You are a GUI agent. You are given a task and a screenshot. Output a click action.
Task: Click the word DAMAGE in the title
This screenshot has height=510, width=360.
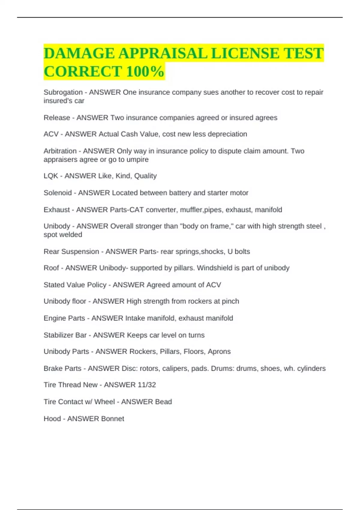(79, 53)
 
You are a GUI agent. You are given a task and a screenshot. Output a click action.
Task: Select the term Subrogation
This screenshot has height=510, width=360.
(63, 92)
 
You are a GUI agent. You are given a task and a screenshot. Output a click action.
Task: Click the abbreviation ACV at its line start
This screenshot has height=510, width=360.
(51, 134)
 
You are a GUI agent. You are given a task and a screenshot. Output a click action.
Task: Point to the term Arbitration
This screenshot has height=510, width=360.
(60, 151)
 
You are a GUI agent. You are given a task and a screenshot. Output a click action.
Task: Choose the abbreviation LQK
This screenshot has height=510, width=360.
(51, 176)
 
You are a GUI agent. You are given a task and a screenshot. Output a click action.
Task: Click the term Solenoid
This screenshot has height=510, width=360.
(58, 193)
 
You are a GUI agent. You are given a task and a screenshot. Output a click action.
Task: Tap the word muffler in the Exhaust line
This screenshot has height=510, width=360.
(191, 210)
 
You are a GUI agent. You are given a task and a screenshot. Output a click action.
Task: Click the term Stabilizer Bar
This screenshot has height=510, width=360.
(65, 335)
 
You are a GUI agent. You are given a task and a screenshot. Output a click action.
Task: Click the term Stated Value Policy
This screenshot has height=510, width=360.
(75, 285)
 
